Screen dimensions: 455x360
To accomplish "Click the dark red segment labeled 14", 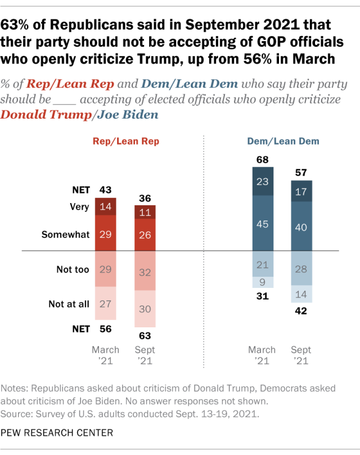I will point(105,206).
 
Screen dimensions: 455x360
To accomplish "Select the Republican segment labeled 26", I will point(145,235).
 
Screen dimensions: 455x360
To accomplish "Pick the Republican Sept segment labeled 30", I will point(145,309).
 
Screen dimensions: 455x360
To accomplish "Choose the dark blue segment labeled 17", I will point(302,191).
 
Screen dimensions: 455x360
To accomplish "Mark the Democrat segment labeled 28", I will point(302,268).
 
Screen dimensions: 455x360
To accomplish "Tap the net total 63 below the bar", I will point(145,336).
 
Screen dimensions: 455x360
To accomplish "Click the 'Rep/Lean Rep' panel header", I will point(125,142).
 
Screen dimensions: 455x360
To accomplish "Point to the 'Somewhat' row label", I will point(65,235).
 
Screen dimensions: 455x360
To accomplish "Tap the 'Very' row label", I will point(79,206).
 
